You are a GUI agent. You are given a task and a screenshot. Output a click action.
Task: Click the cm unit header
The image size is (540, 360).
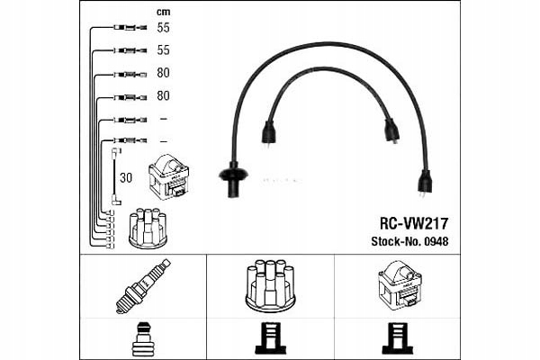(x=163, y=11)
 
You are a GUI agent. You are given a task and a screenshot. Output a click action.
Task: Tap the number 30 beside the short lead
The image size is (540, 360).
(x=125, y=177)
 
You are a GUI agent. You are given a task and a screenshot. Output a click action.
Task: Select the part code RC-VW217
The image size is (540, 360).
(x=414, y=222)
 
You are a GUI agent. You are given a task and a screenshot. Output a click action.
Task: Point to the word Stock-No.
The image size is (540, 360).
(x=392, y=241)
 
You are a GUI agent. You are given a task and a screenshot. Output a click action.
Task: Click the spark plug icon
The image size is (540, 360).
(x=142, y=285)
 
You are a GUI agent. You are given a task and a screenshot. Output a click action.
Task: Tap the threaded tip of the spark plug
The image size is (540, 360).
(x=121, y=305)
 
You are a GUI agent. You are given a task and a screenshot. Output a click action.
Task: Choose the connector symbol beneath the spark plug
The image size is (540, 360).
(x=142, y=339)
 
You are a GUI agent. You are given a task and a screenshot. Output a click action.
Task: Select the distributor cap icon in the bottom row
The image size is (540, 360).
(x=270, y=285)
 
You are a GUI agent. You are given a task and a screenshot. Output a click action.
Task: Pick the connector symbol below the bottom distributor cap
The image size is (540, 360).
(x=269, y=339)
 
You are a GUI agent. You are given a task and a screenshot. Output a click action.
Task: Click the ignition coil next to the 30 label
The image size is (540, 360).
(x=168, y=176)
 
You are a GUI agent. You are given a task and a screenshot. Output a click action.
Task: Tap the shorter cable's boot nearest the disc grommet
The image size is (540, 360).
(x=267, y=134)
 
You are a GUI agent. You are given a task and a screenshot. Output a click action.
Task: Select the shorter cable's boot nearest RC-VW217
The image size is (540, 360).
(x=391, y=131)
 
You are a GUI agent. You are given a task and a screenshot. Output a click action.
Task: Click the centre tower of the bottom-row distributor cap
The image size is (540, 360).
(x=270, y=270)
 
